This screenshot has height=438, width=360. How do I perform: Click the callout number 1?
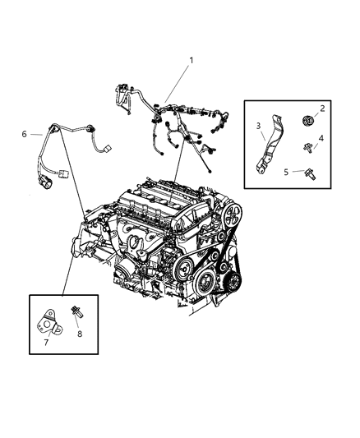pyautogui.click(x=192, y=60)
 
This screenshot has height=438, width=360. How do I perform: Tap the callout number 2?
pyautogui.click(x=322, y=108)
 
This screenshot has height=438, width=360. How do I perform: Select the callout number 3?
pyautogui.click(x=257, y=125)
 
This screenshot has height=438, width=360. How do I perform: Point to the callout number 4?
pyautogui.click(x=322, y=138)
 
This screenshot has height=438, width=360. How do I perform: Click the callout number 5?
pyautogui.click(x=286, y=171)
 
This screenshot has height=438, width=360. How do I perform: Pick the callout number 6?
pyautogui.click(x=25, y=133)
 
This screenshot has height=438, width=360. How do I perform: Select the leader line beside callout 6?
pyautogui.click(x=38, y=133)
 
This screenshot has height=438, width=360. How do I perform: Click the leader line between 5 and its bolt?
pyautogui.click(x=296, y=171)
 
